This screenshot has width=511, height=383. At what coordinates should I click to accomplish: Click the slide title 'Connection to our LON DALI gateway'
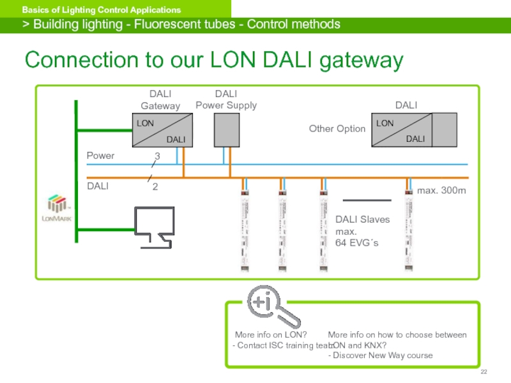(214, 61)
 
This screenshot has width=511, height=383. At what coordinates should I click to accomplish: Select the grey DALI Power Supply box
(225, 130)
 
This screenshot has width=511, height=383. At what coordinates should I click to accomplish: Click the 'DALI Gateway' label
(160, 100)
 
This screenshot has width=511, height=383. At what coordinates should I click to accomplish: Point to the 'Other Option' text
(337, 129)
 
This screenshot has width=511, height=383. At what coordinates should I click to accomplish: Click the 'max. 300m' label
(441, 191)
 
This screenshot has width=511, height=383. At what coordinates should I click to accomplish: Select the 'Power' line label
(100, 155)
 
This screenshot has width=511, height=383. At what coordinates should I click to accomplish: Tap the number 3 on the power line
(157, 156)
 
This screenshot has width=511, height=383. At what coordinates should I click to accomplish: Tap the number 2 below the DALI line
(155, 187)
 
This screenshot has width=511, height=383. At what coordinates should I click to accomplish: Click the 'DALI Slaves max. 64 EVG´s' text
(362, 231)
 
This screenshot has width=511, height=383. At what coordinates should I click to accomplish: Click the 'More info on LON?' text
(271, 334)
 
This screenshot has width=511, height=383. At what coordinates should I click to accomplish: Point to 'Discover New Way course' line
(382, 356)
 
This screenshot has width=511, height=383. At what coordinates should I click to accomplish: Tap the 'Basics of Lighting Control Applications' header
(102, 10)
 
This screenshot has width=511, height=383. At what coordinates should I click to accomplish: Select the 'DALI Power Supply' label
(225, 100)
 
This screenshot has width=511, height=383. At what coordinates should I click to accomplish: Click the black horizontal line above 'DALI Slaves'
(367, 199)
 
